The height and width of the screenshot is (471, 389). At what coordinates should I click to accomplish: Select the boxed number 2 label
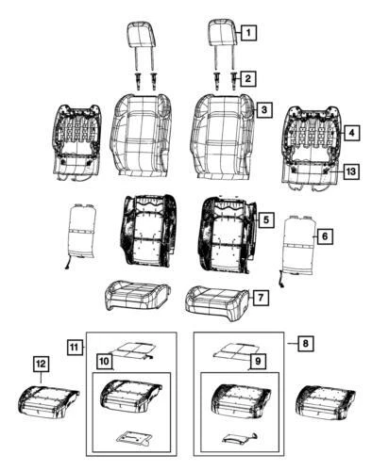point(247,78)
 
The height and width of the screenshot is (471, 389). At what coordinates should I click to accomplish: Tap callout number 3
point(265,111)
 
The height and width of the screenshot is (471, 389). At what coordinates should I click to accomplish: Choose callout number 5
point(267,219)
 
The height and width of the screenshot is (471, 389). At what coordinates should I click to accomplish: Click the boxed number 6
point(324,235)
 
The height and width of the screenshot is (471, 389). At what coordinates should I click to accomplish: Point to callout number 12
point(41,363)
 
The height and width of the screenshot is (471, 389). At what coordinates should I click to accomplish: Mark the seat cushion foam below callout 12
point(43,401)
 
